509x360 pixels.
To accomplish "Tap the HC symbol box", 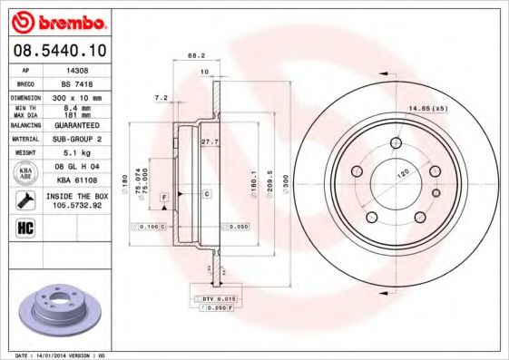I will pos(24,228).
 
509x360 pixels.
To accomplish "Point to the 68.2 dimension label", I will pos(196,55).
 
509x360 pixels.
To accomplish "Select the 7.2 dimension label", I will pos(162,96).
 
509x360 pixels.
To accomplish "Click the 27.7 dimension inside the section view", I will pos(209,142).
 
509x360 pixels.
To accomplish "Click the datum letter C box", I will pos(206,194).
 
